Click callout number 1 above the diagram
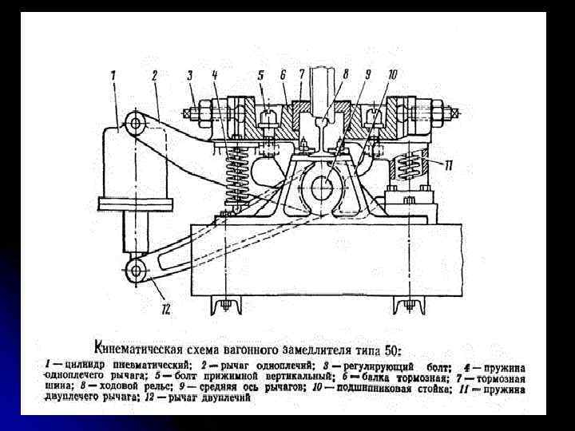113,75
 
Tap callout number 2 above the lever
154,75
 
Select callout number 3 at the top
189,75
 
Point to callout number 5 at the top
260,75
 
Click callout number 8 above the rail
345,74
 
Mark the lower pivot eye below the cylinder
137,271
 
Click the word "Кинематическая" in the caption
137,347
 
